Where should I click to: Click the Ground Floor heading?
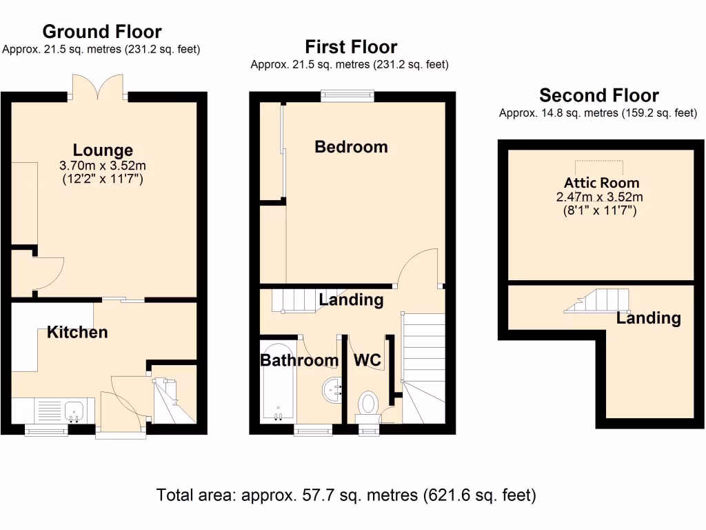pyautogui.click(x=102, y=32)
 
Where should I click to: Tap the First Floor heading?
pyautogui.click(x=351, y=47)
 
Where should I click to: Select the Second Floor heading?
pyautogui.click(x=598, y=95)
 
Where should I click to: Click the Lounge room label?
pyautogui.click(x=103, y=150)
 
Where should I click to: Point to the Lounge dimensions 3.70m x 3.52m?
pyautogui.click(x=103, y=166)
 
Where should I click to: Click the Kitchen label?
pyautogui.click(x=77, y=332)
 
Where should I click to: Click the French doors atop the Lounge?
pyautogui.click(x=99, y=87)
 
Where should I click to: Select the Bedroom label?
pyautogui.click(x=351, y=146)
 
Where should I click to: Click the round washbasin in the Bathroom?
pyautogui.click(x=332, y=390)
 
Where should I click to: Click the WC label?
pyautogui.click(x=367, y=360)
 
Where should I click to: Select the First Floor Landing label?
pyautogui.click(x=351, y=300)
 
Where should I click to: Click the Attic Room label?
pyautogui.click(x=601, y=183)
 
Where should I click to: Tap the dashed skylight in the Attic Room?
pyautogui.click(x=600, y=168)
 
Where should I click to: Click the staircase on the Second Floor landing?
pyautogui.click(x=597, y=301)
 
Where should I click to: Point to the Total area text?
pyautogui.click(x=346, y=495)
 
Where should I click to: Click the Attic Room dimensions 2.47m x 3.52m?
pyautogui.click(x=601, y=197)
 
